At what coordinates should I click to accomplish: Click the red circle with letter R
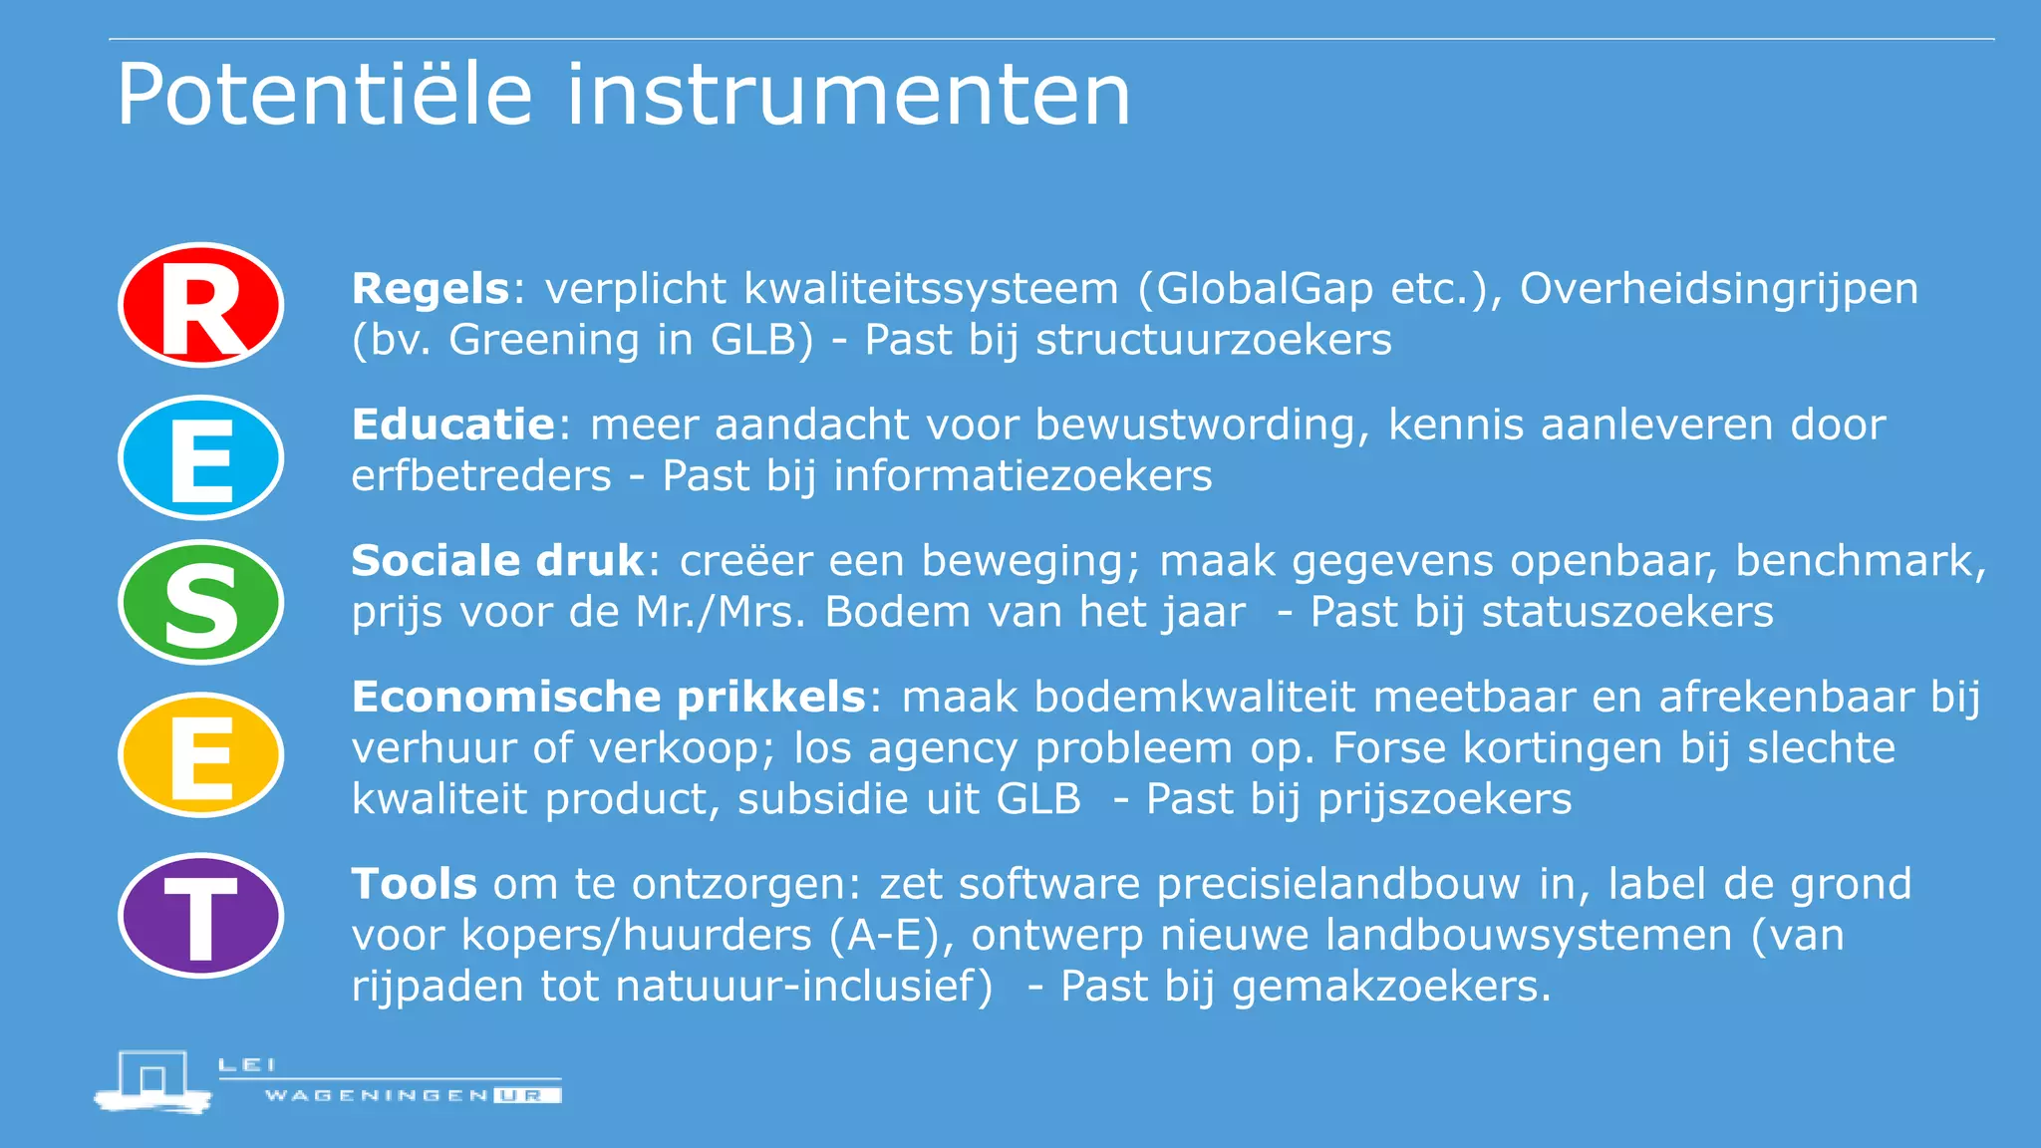(201, 305)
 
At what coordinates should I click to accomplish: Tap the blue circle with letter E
(201, 457)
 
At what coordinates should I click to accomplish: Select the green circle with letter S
(201, 602)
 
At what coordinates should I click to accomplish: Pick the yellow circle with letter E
(201, 754)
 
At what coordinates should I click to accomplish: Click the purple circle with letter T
(201, 915)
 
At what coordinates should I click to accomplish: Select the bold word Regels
(431, 289)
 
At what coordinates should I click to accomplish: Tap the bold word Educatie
(452, 426)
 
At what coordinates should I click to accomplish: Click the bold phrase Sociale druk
(498, 561)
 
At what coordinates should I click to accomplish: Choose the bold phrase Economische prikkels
(609, 697)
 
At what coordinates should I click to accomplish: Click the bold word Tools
(414, 884)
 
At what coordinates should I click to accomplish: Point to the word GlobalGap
(1266, 289)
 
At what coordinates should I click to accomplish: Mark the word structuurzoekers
(1214, 340)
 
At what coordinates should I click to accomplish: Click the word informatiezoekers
(1022, 476)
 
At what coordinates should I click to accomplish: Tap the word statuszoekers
(1627, 612)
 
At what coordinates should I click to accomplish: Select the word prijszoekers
(1445, 799)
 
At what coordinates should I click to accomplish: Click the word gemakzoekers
(1391, 987)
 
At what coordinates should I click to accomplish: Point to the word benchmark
(1856, 561)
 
